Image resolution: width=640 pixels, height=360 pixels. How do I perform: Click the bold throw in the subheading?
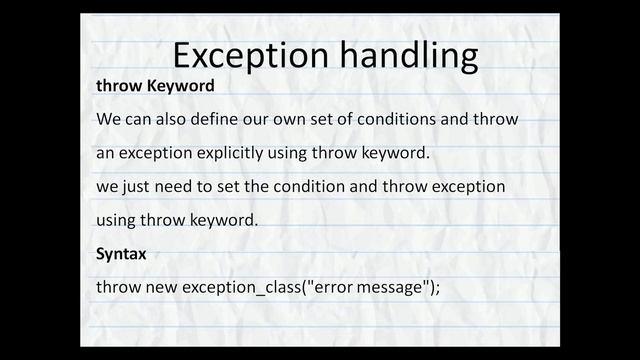pos(119,86)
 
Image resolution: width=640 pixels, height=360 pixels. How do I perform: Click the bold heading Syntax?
pos(121,254)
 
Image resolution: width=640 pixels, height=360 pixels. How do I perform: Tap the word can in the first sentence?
pos(139,120)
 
